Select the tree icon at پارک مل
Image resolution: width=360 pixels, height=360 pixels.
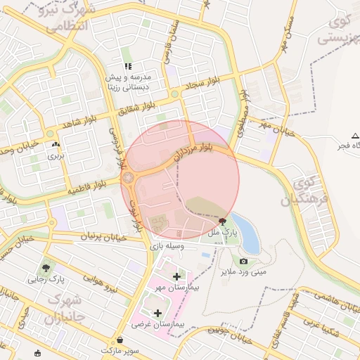point(223,221)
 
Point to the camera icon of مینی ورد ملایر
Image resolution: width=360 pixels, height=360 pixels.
point(244,261)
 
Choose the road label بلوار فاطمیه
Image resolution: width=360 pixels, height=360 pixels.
point(86,188)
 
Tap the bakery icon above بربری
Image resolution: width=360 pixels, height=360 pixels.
point(56,145)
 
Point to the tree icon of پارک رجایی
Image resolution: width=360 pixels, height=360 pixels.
point(46,268)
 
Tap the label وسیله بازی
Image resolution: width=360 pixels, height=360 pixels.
point(167,246)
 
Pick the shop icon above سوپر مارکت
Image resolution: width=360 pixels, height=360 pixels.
point(120,340)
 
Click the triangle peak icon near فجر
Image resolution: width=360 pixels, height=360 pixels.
point(354,135)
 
